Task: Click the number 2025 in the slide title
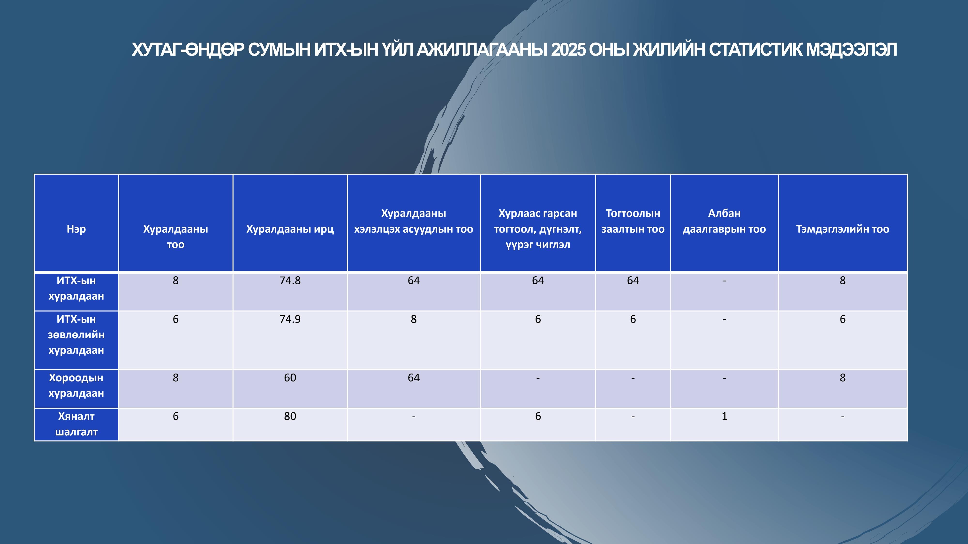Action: click(568, 50)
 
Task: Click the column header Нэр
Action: click(76, 229)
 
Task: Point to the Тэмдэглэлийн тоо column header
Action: click(842, 229)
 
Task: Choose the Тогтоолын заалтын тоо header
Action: click(633, 221)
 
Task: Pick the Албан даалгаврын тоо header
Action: click(724, 221)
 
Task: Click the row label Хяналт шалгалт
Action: click(76, 424)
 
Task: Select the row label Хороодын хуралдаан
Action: click(76, 385)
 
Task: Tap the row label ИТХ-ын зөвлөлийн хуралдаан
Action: click(76, 335)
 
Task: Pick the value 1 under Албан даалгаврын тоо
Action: click(725, 416)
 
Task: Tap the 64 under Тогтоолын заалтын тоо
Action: click(633, 280)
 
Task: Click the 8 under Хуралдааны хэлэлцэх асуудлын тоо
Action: click(414, 319)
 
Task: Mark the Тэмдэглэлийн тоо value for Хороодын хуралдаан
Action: click(842, 378)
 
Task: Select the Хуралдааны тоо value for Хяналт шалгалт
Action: click(175, 416)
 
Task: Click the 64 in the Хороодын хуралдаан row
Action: click(414, 378)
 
